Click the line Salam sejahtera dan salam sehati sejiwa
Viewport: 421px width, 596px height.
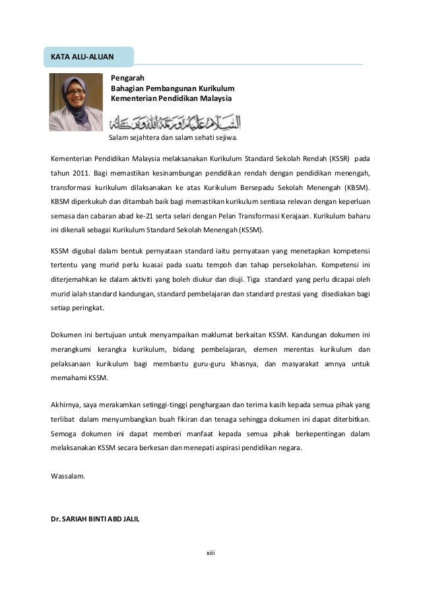point(172,139)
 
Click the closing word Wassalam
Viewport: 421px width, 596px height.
point(68,475)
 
